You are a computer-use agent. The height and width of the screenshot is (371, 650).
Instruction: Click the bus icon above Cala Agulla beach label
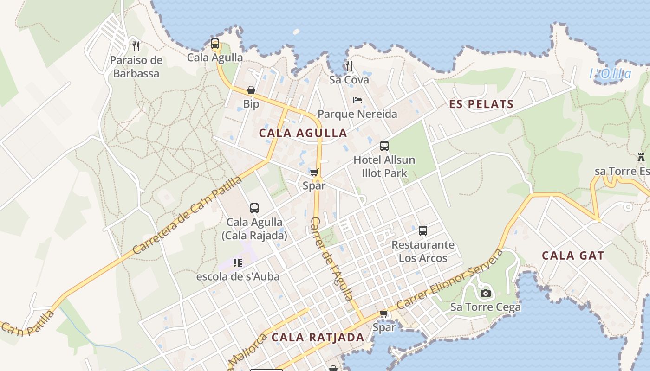point(215,44)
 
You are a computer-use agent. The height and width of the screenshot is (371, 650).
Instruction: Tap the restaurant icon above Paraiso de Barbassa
point(136,46)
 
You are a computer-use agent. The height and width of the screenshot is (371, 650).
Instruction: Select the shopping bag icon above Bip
point(251,90)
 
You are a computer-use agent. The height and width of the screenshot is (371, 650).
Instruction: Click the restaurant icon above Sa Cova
point(349,66)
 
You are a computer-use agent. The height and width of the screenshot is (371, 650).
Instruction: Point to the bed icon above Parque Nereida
point(357,100)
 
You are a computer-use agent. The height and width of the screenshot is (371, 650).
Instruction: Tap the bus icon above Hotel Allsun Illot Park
point(384,146)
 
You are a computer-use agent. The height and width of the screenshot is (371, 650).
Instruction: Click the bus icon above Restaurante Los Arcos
point(423,231)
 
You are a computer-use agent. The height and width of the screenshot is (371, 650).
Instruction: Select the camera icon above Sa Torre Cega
point(486,293)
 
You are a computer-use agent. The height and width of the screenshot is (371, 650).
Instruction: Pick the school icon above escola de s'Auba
point(238,263)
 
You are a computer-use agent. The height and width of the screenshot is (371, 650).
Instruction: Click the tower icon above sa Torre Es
point(641,158)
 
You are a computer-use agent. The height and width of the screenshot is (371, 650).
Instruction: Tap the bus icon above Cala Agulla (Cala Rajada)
point(254,208)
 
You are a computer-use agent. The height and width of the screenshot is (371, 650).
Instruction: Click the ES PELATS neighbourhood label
point(481,104)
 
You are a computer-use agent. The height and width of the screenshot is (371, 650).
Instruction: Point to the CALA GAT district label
point(573,256)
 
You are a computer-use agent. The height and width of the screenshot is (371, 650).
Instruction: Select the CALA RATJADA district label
point(318,337)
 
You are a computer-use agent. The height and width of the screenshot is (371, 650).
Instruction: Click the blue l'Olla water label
point(611,74)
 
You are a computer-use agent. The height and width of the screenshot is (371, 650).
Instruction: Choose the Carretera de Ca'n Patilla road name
point(188,215)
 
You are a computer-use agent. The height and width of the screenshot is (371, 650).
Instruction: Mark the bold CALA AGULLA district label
point(303,133)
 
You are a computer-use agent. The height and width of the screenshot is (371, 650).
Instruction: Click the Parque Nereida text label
point(357,114)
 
